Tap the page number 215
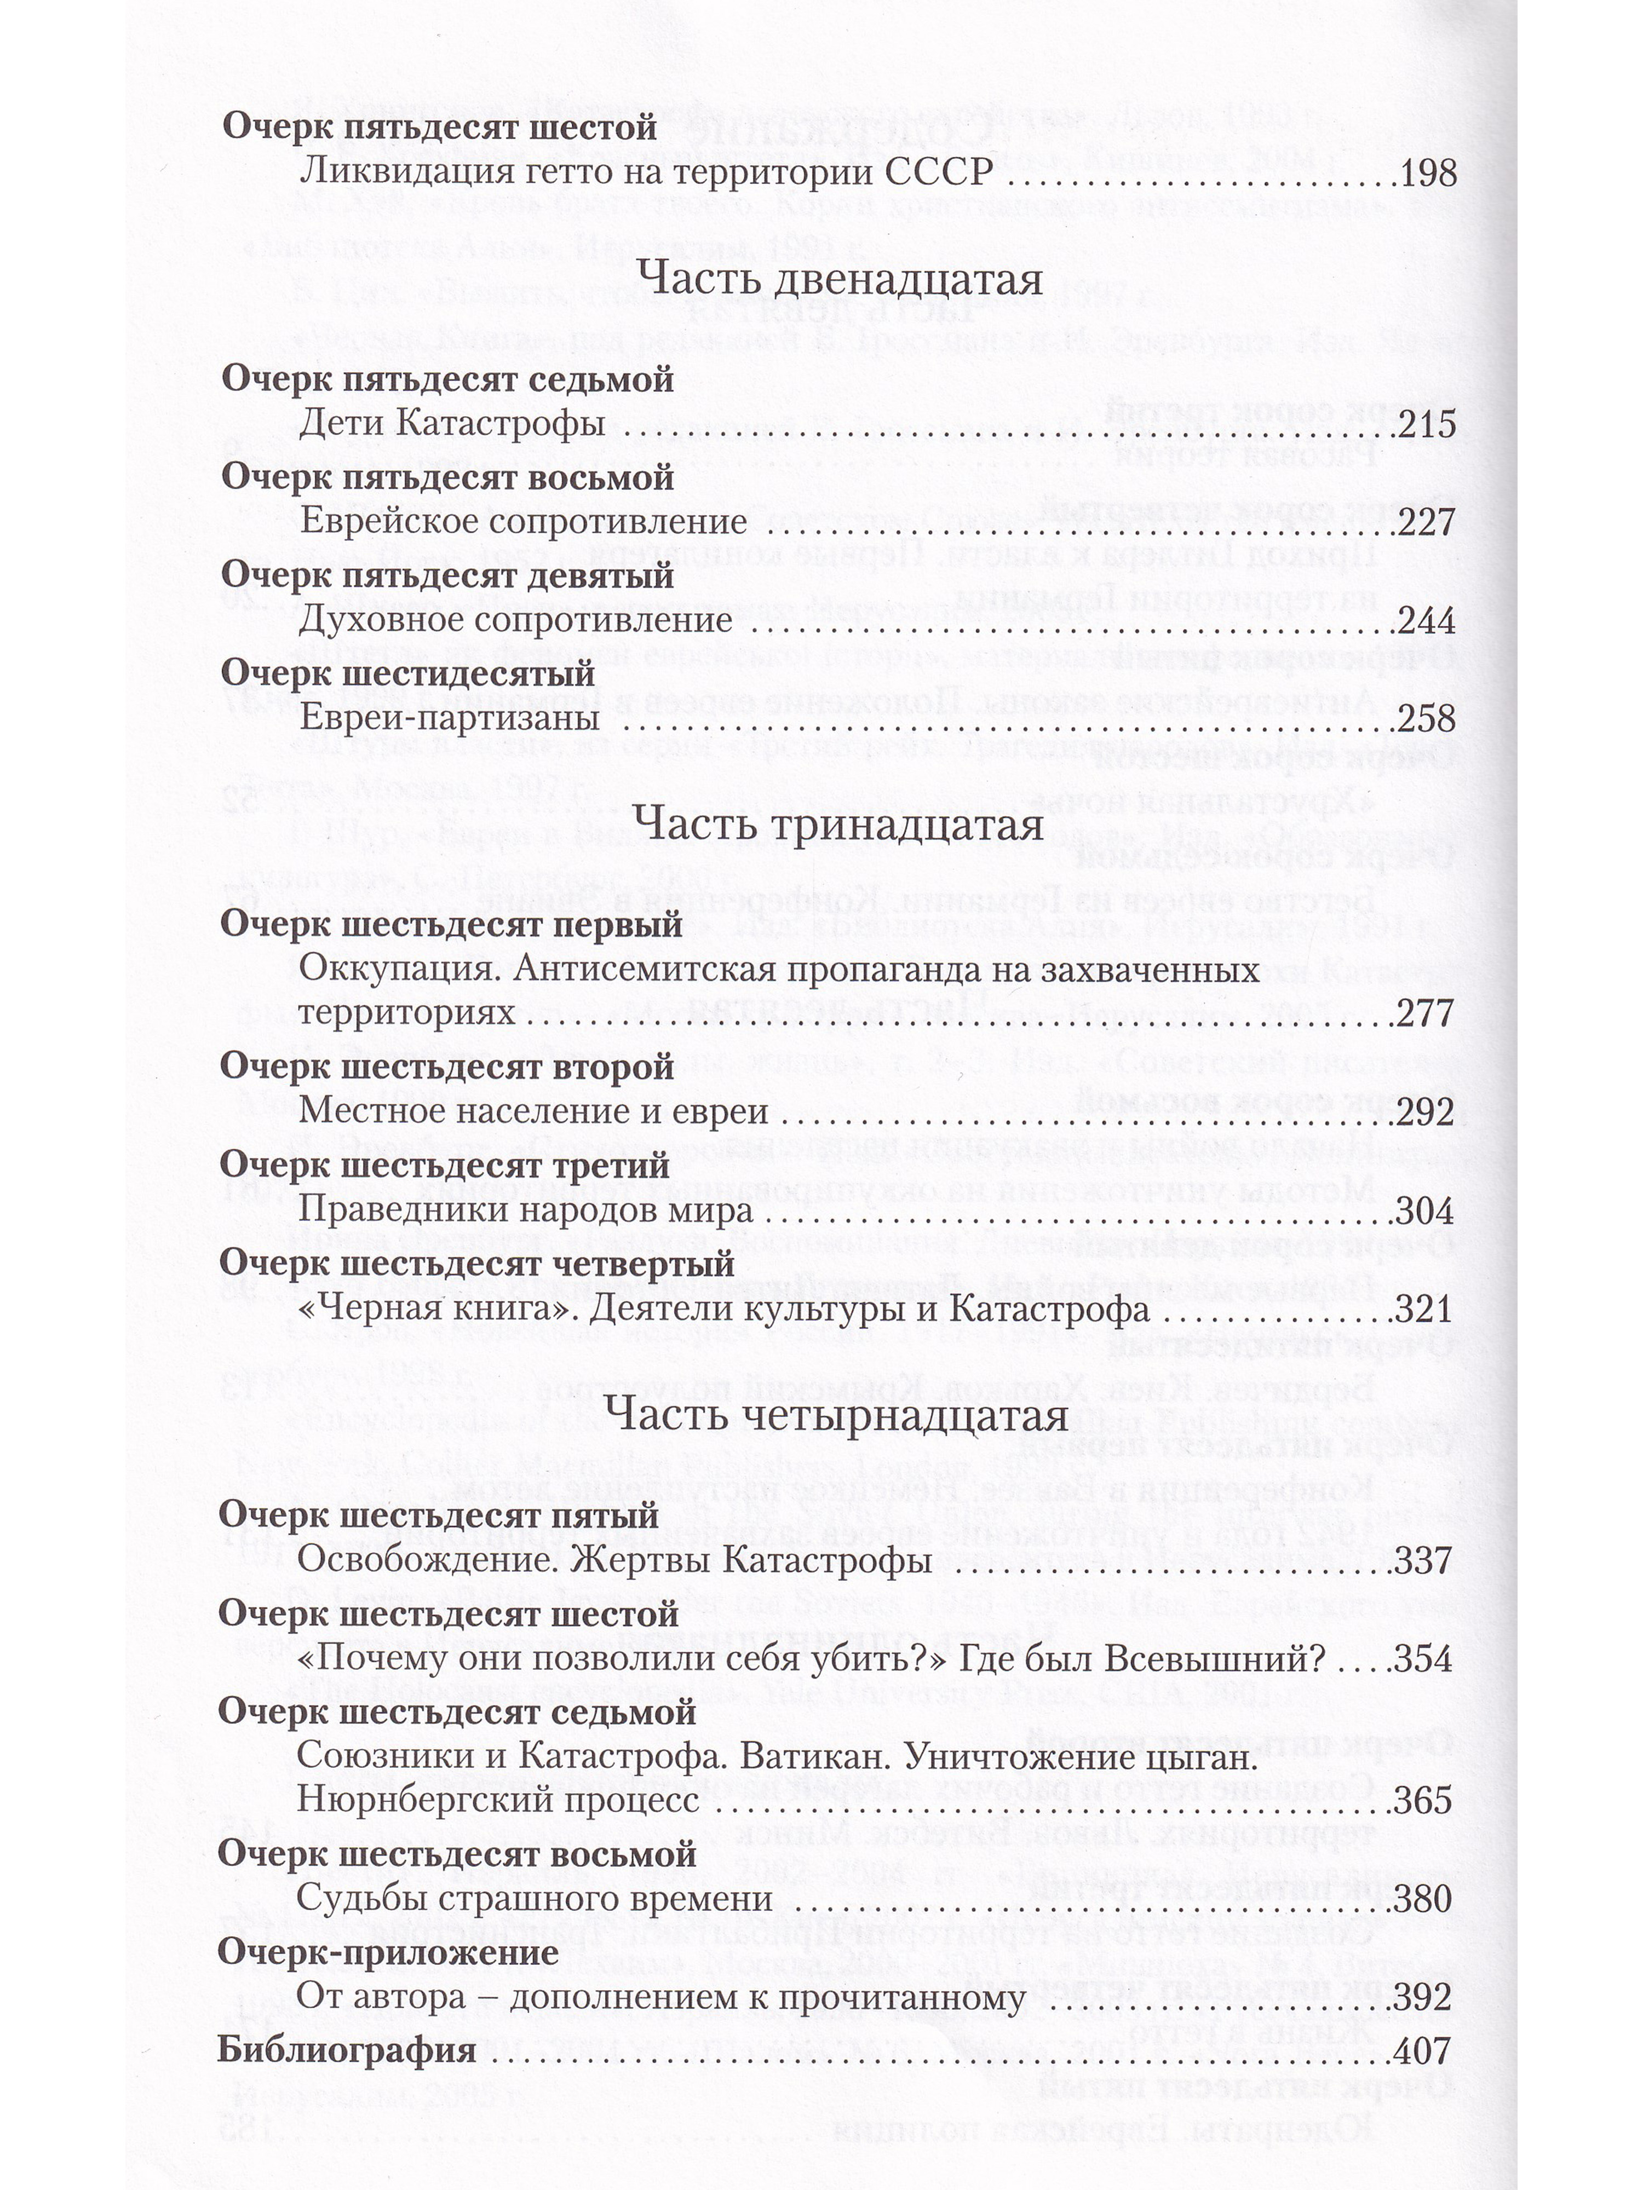coord(1427,426)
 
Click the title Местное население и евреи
coord(534,1111)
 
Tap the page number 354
coord(1424,1659)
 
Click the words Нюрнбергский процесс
coord(498,1800)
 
